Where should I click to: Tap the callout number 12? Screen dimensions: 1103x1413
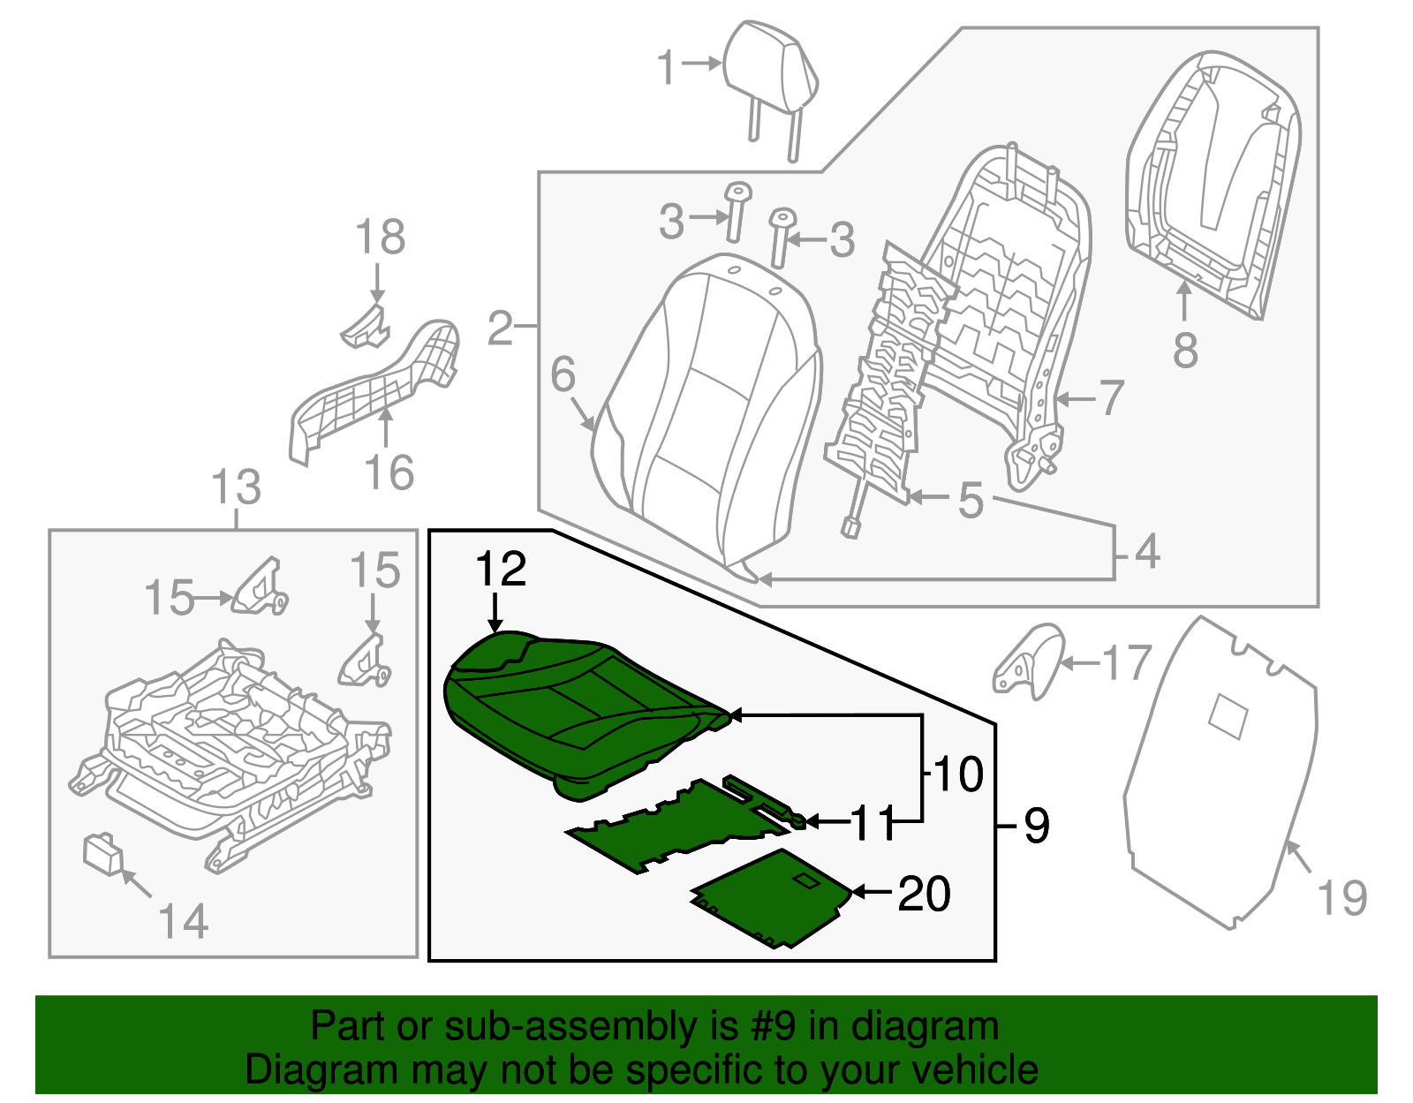501,570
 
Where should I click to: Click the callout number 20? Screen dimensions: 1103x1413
924,894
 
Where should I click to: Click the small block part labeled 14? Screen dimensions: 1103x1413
102,854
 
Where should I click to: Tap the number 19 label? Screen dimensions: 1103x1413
1341,898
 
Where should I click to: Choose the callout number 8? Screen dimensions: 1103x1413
1185,351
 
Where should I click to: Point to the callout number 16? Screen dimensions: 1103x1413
389,472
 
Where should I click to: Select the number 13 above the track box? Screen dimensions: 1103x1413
237,487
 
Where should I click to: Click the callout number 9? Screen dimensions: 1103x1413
1037,826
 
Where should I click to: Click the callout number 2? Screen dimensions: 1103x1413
500,329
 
